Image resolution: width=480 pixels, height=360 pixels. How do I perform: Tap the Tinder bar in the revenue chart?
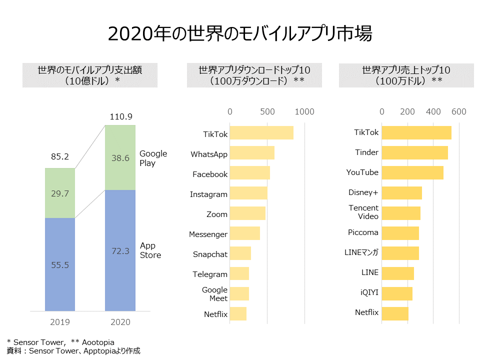(414, 152)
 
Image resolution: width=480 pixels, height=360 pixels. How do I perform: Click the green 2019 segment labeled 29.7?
(60, 193)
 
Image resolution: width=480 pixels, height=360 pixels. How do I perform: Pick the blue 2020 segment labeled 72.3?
(120, 250)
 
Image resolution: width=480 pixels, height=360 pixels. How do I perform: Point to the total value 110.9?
(120, 116)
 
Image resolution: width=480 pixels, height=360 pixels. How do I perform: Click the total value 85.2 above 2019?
(60, 156)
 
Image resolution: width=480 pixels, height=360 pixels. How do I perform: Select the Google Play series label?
(153, 158)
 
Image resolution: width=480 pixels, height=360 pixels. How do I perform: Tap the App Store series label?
(150, 250)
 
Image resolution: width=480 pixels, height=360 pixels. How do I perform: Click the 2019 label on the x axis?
(60, 321)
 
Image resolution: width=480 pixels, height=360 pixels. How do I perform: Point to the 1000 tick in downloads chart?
(304, 111)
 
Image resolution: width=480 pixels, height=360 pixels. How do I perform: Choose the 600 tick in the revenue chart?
(458, 111)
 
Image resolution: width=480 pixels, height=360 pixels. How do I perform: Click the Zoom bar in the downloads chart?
(247, 214)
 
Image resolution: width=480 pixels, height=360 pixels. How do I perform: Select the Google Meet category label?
(214, 294)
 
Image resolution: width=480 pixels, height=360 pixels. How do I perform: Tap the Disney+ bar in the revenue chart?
(402, 192)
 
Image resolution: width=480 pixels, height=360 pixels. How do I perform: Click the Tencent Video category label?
(363, 212)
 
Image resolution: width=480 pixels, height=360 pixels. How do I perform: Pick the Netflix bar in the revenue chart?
(395, 313)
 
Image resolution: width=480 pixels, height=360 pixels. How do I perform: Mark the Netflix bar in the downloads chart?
(238, 314)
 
